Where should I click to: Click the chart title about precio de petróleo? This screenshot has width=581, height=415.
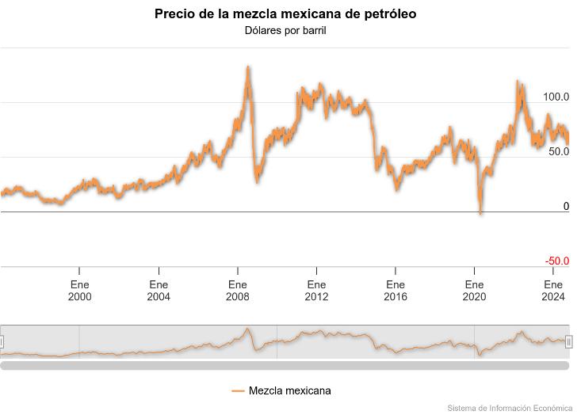(x=285, y=14)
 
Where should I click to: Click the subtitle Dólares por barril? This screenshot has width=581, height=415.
(x=285, y=31)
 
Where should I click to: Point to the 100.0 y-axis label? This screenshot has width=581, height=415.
(x=556, y=97)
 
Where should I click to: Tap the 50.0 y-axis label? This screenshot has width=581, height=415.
(x=559, y=151)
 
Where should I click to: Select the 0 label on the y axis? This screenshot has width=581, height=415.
(x=566, y=206)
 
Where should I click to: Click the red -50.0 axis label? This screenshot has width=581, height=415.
(x=556, y=261)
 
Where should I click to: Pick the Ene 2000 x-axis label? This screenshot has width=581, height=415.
(x=80, y=291)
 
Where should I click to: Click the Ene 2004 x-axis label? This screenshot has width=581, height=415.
(x=159, y=291)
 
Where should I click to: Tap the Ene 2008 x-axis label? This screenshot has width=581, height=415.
(x=238, y=291)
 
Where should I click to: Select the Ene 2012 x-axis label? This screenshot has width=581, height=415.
(x=316, y=291)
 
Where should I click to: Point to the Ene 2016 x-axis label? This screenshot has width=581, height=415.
(x=396, y=291)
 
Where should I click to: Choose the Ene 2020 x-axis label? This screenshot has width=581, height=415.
(x=474, y=291)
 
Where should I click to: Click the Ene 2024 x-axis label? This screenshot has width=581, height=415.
(x=553, y=291)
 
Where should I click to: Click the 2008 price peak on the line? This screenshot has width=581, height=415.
(x=247, y=68)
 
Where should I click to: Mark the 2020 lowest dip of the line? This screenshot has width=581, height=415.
(x=480, y=212)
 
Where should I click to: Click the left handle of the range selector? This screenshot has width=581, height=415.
(x=2, y=342)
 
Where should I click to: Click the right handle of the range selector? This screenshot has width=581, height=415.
(x=568, y=342)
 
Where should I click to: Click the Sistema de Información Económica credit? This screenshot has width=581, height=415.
(x=510, y=409)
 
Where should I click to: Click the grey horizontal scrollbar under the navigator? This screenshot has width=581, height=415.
(x=285, y=365)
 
